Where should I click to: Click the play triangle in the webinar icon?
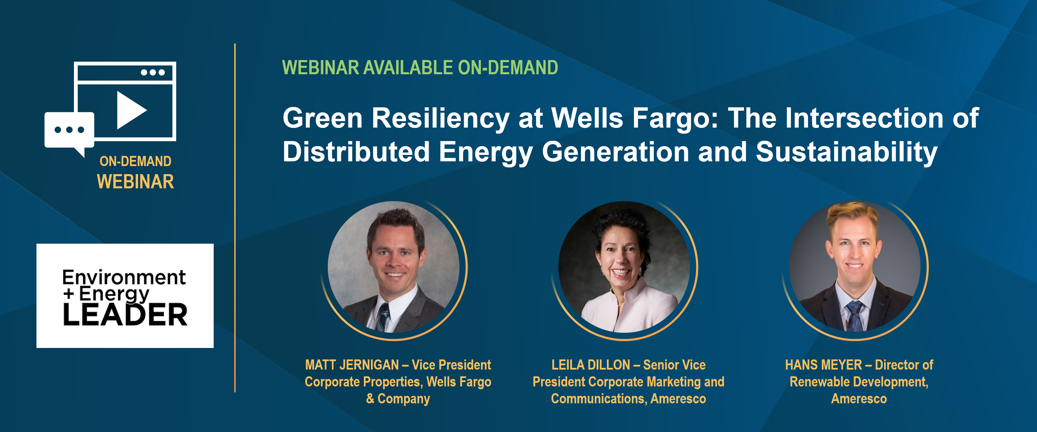[130, 110]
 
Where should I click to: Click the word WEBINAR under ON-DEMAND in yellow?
[135, 182]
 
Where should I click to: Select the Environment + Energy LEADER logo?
[125, 296]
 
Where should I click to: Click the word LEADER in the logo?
[125, 315]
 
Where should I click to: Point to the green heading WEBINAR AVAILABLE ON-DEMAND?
[420, 67]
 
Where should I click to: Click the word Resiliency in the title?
[441, 118]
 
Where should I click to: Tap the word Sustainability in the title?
[847, 152]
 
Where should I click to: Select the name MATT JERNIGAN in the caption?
[352, 365]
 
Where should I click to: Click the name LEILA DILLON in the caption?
[590, 365]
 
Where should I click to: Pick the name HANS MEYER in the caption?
[823, 365]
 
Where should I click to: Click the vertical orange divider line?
[235, 218]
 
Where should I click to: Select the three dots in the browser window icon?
[153, 73]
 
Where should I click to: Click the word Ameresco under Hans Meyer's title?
[859, 399]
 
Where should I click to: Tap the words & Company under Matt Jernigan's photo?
[398, 399]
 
